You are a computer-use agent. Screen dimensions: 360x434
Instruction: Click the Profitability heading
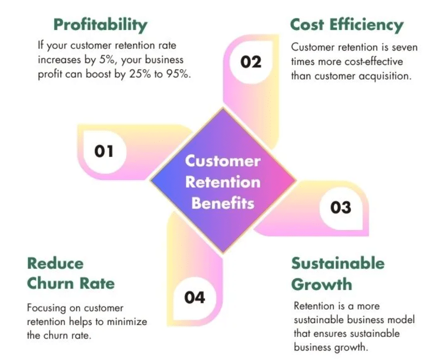[x=101, y=24]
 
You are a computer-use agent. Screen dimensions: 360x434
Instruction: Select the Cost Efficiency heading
[x=346, y=24]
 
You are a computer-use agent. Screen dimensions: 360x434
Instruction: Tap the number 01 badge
[x=104, y=151]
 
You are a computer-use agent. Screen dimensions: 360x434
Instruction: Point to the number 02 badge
[x=251, y=62]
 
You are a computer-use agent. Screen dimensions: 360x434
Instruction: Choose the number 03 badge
[x=341, y=207]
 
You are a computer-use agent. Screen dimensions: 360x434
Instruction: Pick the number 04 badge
[x=195, y=297]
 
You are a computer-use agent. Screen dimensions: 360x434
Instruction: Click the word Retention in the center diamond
[x=223, y=182]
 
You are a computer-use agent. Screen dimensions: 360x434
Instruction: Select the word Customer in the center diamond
[x=223, y=160]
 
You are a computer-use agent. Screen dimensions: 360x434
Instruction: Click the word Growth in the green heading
[x=321, y=284]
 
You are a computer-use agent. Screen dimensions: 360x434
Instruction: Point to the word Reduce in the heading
[x=55, y=263]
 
